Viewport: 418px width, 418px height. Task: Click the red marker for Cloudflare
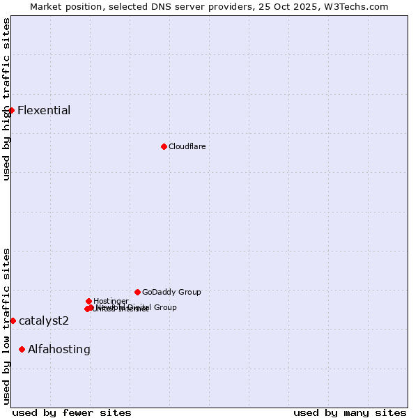[164, 146]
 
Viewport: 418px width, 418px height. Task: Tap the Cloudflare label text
[187, 146]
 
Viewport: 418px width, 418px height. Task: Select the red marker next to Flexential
[11, 110]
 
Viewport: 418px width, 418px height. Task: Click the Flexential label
[44, 110]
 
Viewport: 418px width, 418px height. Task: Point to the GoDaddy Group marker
[137, 292]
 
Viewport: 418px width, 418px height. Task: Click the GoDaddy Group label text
[171, 292]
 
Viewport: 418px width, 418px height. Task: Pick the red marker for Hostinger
[88, 301]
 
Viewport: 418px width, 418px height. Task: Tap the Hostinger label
[111, 301]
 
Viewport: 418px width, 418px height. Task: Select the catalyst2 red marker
[13, 320]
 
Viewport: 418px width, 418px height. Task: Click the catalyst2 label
[44, 320]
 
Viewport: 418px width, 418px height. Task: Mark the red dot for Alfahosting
[22, 349]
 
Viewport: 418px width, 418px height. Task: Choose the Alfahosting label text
[59, 349]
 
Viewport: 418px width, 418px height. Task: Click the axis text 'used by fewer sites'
[72, 412]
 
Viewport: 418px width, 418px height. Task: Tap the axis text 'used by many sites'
[350, 412]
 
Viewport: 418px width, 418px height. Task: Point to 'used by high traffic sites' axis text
[6, 99]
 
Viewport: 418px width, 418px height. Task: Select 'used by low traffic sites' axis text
[6, 326]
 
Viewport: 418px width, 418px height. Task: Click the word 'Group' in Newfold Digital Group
[164, 307]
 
